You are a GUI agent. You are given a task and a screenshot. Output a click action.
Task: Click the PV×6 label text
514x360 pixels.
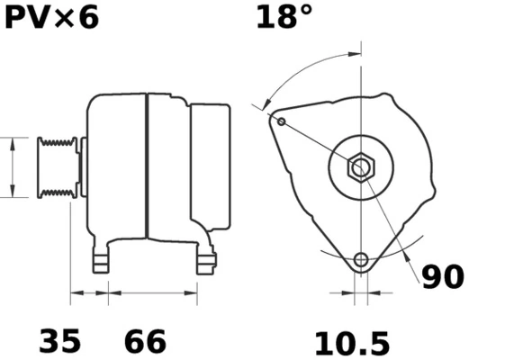(51, 18)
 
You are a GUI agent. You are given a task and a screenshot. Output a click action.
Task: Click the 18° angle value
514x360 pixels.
(284, 18)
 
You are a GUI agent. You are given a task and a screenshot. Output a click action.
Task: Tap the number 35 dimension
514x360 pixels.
(59, 341)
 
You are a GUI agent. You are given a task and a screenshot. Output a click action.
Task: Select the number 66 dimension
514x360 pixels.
(145, 341)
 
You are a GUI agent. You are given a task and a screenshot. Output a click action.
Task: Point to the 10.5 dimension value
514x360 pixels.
(351, 343)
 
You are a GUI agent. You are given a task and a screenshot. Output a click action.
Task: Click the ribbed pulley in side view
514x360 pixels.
(56, 167)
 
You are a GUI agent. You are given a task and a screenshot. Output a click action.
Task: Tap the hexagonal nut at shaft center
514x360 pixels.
(362, 167)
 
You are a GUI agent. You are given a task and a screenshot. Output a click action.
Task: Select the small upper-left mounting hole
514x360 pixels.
(281, 121)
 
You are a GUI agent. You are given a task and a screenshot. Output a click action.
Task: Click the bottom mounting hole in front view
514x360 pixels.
(361, 260)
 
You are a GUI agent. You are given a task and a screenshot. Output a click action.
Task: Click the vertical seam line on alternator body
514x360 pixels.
(147, 167)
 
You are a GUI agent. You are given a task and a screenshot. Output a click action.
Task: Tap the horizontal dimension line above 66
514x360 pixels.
(152, 292)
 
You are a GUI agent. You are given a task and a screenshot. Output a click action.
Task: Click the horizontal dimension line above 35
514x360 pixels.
(89, 292)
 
